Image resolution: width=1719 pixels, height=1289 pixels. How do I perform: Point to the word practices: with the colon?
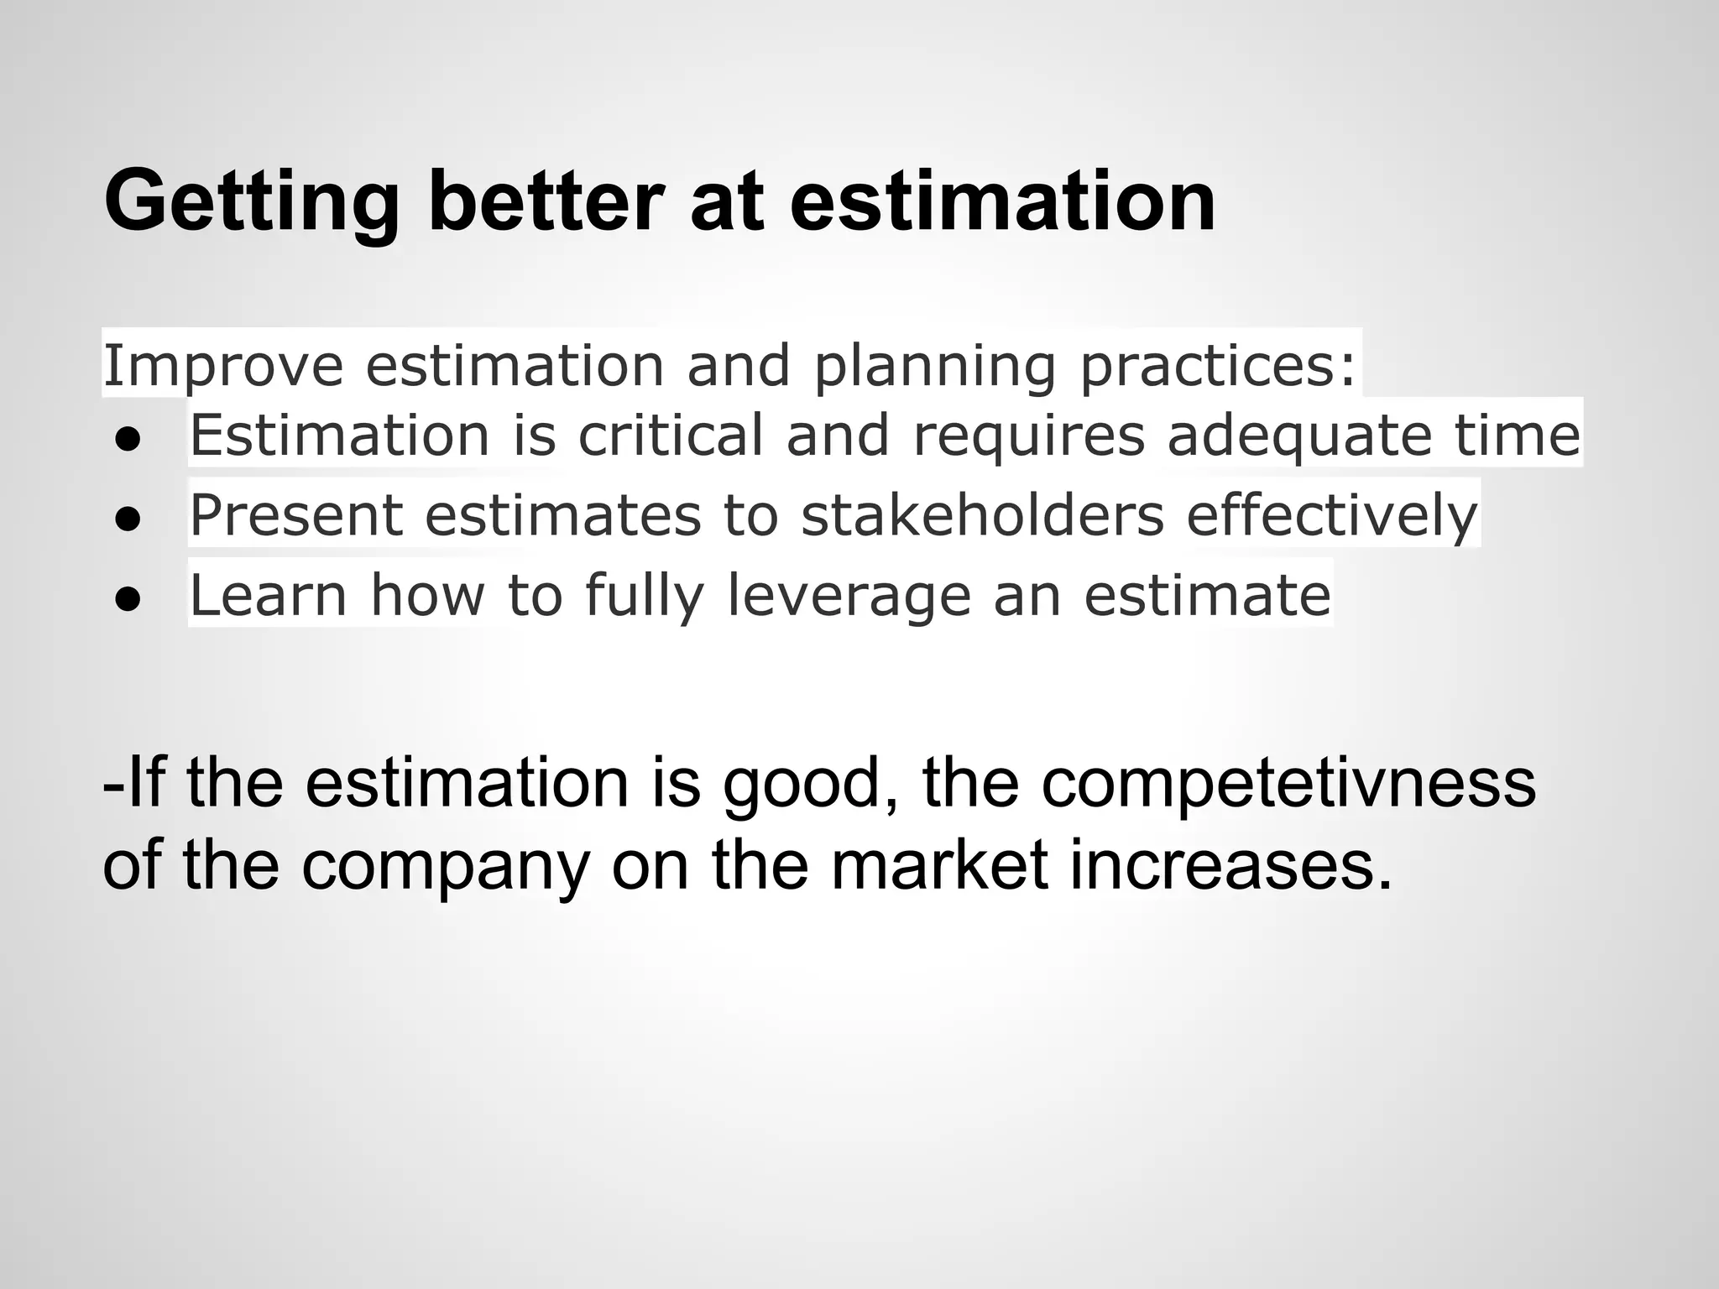click(x=1217, y=366)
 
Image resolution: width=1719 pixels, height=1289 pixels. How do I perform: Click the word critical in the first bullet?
click(x=671, y=435)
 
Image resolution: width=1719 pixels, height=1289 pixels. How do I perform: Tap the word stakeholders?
click(x=982, y=514)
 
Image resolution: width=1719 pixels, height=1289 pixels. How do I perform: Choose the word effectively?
click(x=1331, y=514)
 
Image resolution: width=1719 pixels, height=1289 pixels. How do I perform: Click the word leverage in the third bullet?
click(x=848, y=594)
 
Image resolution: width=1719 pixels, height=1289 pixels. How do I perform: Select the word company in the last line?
click(x=445, y=866)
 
